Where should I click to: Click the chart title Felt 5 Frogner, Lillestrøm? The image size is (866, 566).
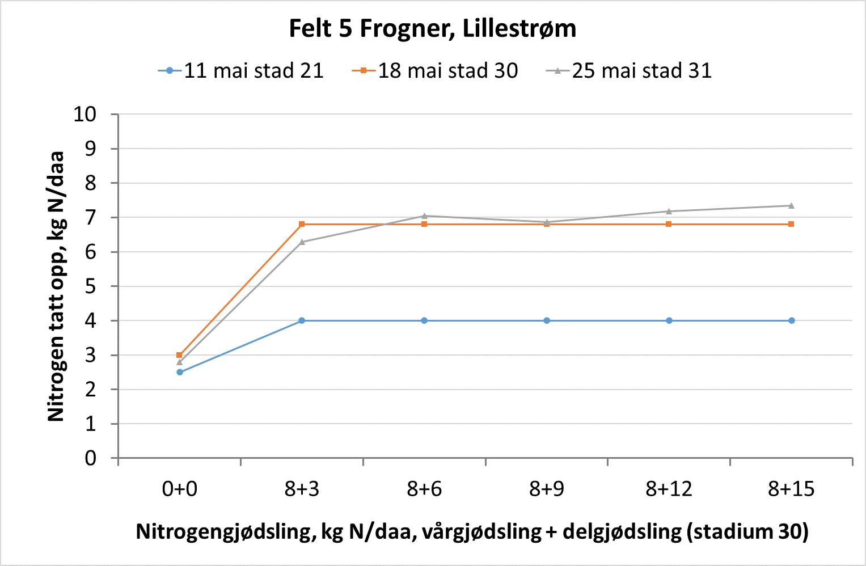(x=432, y=28)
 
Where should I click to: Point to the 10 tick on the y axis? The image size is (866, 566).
(x=85, y=115)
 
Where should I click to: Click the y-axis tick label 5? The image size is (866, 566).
(x=91, y=286)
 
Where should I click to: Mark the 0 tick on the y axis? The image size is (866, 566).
(x=91, y=458)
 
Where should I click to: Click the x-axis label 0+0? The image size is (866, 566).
(x=179, y=489)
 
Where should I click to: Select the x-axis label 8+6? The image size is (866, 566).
(x=424, y=489)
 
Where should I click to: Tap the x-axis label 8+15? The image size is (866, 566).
(x=791, y=489)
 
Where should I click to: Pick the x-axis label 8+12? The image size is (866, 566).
(x=669, y=489)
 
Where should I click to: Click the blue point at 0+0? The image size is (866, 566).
(x=180, y=372)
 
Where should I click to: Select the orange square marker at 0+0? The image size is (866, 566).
(x=180, y=355)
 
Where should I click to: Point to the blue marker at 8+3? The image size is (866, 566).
(x=302, y=320)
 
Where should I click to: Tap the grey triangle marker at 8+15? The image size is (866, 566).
(x=791, y=205)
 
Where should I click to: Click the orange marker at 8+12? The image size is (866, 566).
(x=669, y=224)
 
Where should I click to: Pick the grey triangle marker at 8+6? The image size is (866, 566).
(x=424, y=216)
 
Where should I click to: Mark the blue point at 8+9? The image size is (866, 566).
(x=547, y=320)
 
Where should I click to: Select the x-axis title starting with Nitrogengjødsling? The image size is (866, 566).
(x=472, y=532)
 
